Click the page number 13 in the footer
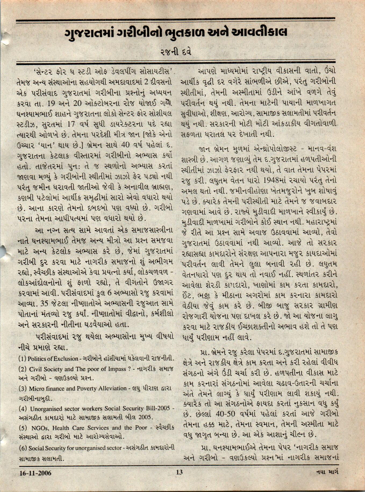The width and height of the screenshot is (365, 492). tap(179, 472)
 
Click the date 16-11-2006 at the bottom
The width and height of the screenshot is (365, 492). tap(35, 473)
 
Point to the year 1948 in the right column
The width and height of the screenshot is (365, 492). tap(273, 180)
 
